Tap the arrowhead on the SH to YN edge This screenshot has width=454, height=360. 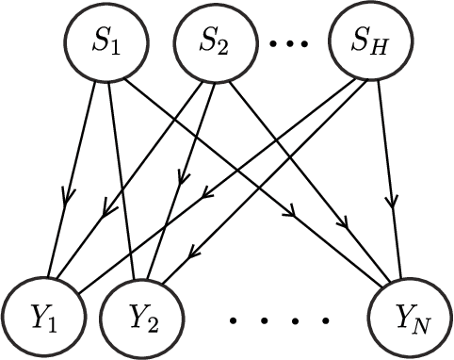click(x=393, y=202)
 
